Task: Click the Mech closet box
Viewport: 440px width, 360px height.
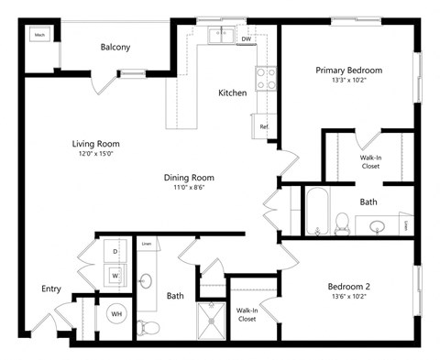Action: coord(39,36)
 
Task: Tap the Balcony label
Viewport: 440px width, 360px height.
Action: coord(115,47)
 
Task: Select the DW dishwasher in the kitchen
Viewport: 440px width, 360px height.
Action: coord(246,38)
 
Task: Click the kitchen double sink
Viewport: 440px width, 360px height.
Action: coord(220,37)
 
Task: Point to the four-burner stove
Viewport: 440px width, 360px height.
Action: coord(267,79)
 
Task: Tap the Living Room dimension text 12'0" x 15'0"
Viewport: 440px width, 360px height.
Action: coord(95,155)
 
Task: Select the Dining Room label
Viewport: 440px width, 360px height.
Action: coord(189,177)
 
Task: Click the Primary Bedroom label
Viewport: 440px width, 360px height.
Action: coord(348,71)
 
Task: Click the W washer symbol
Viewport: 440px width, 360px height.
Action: coord(115,272)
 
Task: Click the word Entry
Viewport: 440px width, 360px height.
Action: coord(51,289)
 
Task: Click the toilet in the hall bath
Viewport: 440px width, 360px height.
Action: coord(151,324)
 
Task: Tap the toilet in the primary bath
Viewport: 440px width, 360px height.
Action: coord(342,221)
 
